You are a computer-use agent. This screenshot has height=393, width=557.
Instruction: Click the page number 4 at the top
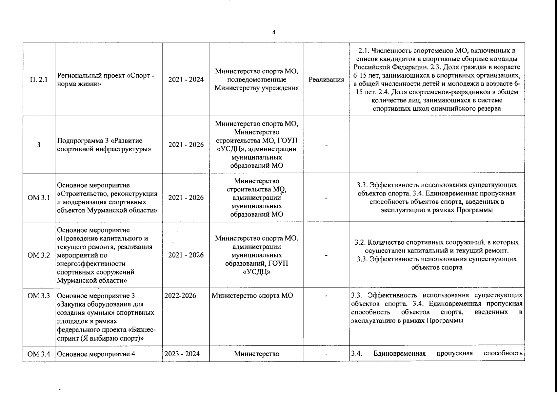274,32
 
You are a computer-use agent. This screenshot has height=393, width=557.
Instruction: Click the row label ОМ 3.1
39,198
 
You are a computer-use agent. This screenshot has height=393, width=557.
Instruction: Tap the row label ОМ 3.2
39,255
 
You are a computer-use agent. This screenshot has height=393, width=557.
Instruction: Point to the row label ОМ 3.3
39,296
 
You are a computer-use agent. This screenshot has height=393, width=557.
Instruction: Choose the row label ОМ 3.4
39,354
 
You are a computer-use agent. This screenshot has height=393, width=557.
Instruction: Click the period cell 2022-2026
180,296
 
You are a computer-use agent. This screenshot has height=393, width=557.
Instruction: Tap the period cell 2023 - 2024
182,354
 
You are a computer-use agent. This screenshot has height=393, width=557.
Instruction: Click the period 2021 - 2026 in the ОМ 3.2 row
186,255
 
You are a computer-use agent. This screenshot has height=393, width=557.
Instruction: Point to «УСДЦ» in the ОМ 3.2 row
256,272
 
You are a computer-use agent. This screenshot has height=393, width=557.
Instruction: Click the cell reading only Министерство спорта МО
252,296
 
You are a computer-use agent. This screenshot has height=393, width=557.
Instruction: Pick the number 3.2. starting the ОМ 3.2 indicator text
360,243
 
